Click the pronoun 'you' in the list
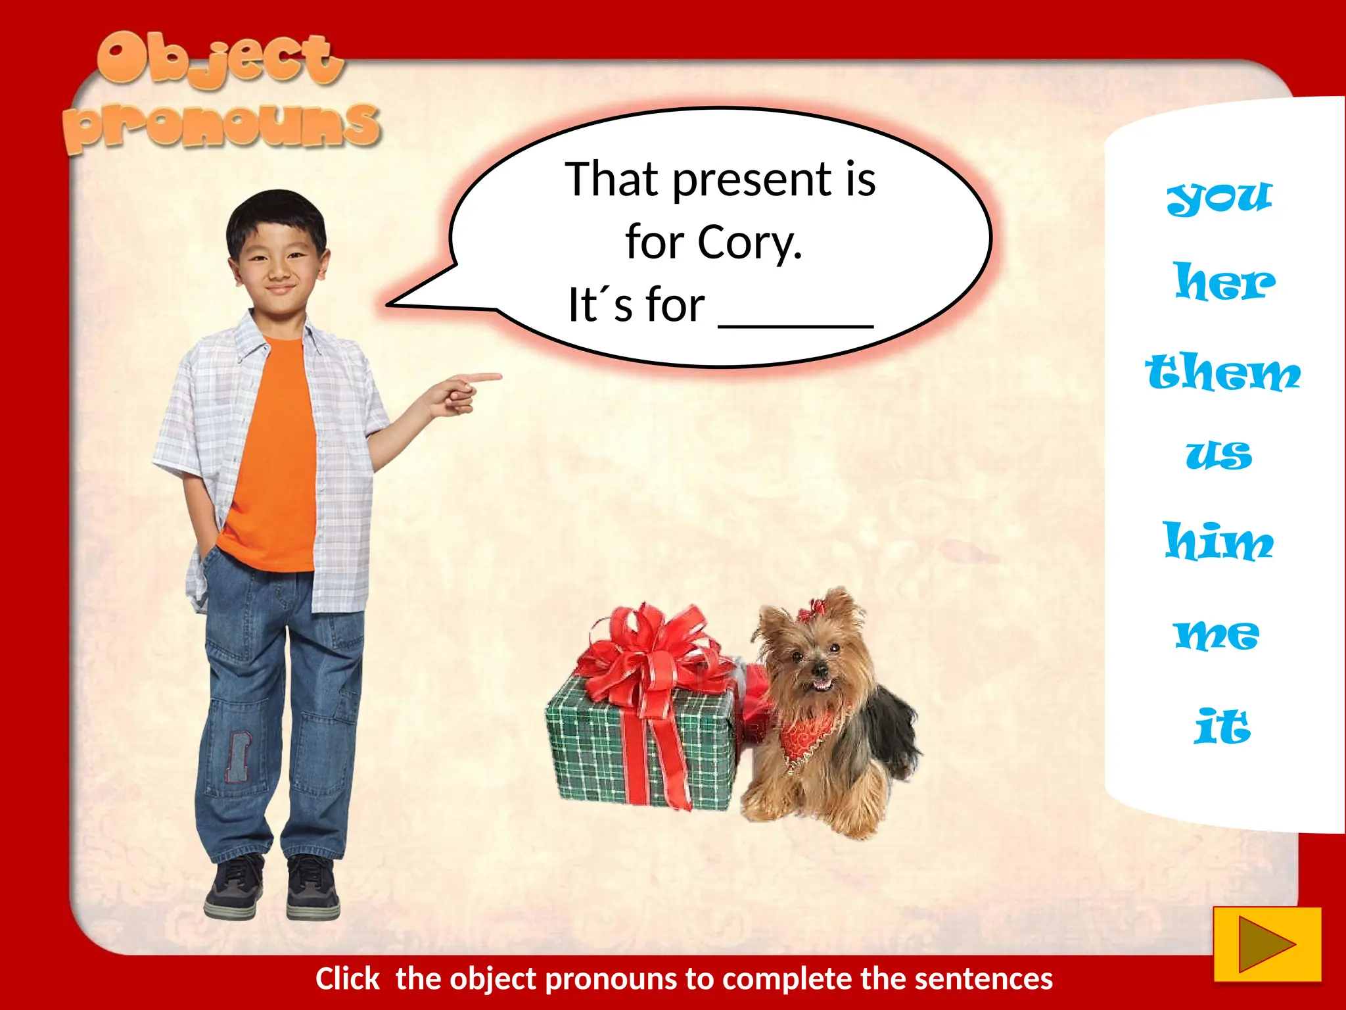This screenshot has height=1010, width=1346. (x=1220, y=197)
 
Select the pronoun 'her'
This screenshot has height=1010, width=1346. (x=1224, y=282)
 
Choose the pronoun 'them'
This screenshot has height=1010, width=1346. (x=1222, y=373)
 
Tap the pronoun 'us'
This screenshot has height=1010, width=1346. (x=1219, y=455)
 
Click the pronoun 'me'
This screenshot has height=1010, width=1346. (x=1217, y=635)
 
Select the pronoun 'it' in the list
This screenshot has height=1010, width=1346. (x=1222, y=727)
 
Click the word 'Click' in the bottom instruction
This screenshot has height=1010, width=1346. (x=347, y=979)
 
